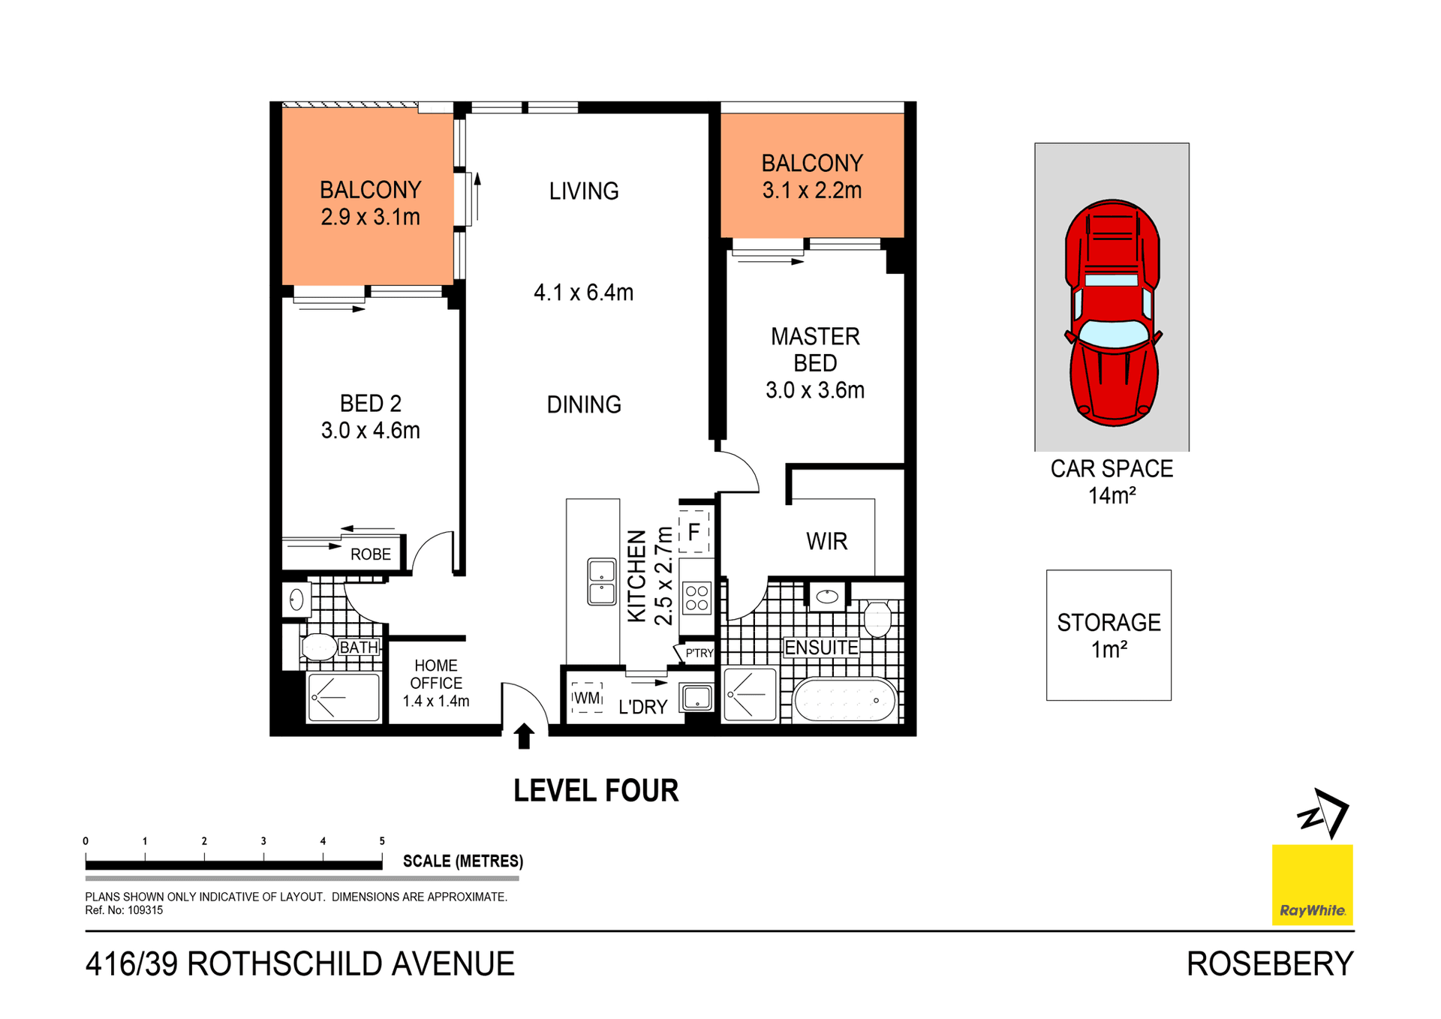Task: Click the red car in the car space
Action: pos(1112,313)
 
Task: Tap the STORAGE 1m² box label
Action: pos(1109,635)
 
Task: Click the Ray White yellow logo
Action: pos(1312,885)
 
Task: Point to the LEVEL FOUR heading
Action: pos(596,791)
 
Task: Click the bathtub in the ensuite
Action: pos(844,700)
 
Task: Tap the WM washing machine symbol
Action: pos(587,698)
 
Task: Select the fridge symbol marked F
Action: pos(694,532)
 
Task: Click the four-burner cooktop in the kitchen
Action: pos(696,598)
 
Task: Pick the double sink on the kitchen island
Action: pos(602,582)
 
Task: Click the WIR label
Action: pos(826,541)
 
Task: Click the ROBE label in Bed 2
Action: pos(371,555)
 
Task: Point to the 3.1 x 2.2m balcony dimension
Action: pos(812,191)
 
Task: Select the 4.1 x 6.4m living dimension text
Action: pos(583,293)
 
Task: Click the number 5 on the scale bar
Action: pos(382,841)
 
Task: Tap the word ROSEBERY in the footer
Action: pos(1270,964)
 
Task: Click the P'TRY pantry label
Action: pos(699,653)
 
